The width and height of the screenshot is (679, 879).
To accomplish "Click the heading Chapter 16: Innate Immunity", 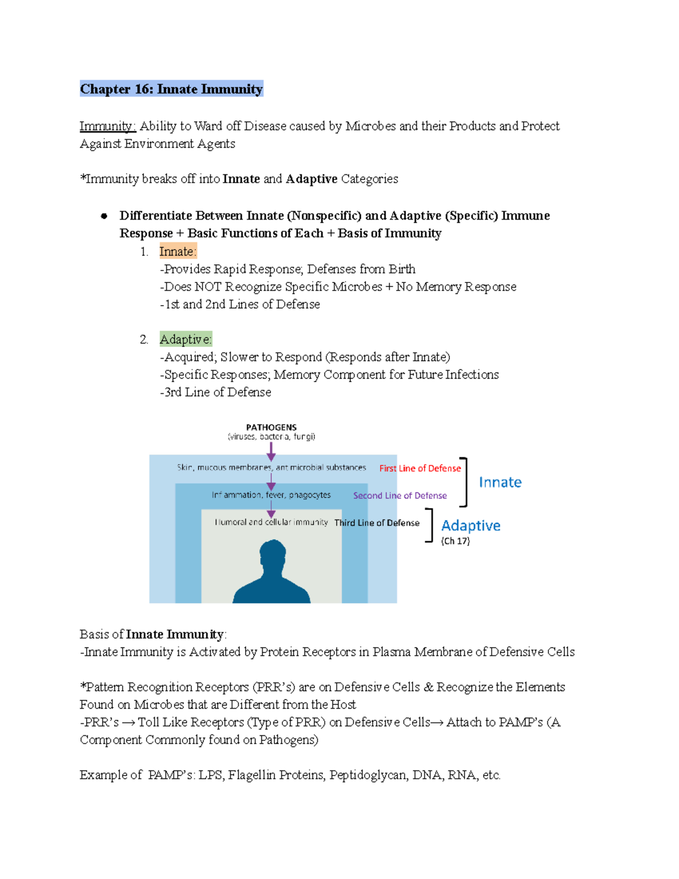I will (171, 89).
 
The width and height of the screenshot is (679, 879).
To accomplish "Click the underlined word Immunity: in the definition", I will (108, 126).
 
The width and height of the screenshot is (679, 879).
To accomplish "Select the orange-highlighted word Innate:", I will (178, 251).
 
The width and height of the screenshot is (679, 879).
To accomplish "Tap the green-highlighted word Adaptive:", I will (186, 339).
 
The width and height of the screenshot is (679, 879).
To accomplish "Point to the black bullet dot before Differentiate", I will (104, 216).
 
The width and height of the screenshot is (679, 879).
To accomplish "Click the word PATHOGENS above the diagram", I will (271, 427).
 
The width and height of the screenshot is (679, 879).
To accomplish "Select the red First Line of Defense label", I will (420, 468).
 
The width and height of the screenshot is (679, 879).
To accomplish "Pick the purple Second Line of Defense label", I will (399, 495).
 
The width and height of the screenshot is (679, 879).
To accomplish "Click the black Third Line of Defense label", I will (377, 522).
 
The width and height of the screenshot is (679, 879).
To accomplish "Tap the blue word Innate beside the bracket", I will (500, 482).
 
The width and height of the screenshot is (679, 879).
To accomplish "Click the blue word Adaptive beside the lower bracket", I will (471, 526).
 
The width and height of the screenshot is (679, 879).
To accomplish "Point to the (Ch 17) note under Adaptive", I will (455, 541).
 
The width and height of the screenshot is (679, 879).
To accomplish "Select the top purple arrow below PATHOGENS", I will (271, 452).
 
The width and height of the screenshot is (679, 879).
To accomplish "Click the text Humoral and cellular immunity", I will (271, 522).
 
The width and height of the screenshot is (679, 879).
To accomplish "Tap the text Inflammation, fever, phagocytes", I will (271, 495).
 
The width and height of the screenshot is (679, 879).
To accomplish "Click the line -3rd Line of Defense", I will (215, 392).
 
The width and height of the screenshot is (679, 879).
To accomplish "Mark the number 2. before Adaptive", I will (144, 340).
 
